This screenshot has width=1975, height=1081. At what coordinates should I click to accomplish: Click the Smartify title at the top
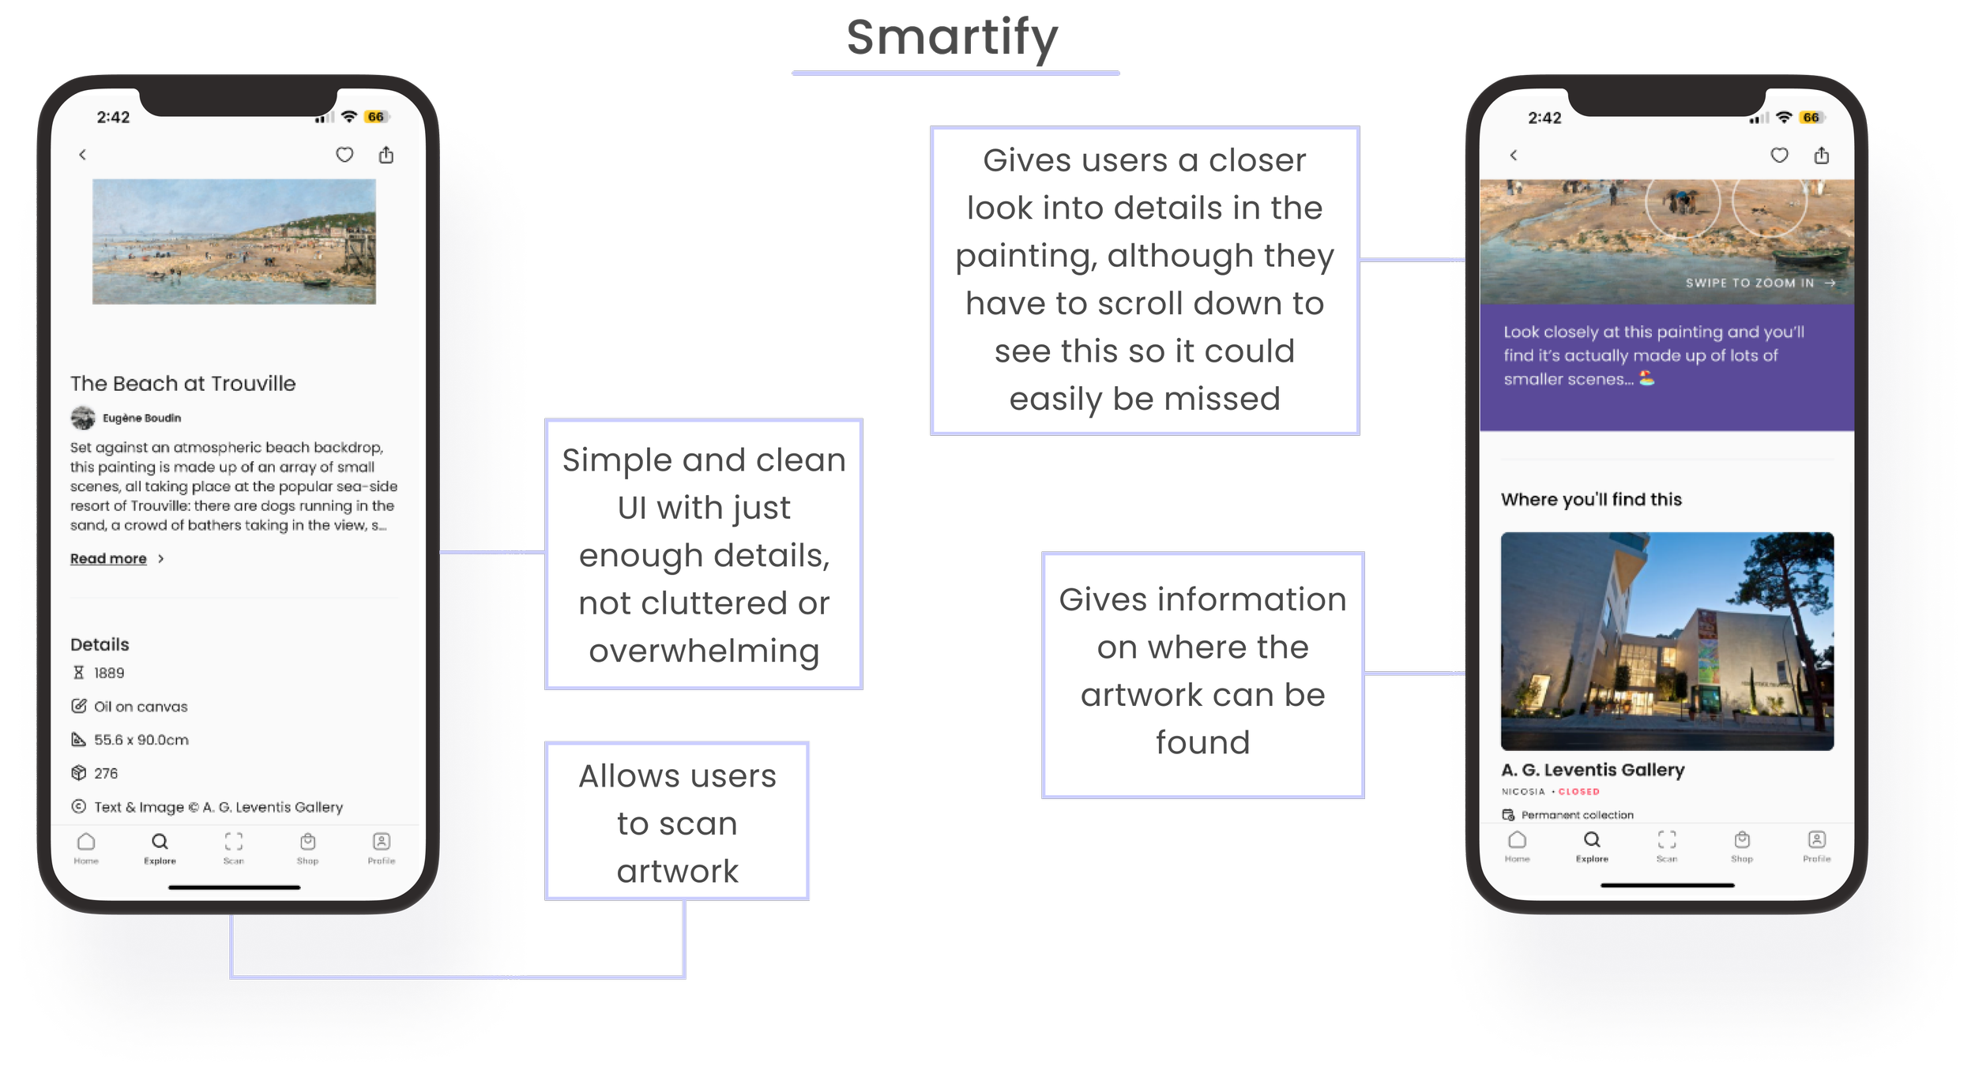(952, 38)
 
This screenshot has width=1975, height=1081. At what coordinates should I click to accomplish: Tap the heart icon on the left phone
(344, 155)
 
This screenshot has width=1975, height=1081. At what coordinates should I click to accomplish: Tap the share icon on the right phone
(1821, 156)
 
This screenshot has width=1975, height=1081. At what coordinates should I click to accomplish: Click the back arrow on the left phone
(82, 155)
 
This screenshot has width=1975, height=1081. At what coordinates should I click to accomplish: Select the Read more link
(109, 559)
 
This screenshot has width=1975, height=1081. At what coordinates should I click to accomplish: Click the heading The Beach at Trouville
(182, 384)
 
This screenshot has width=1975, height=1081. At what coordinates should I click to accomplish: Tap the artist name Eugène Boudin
(141, 418)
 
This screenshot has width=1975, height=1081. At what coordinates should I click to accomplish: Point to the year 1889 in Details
(109, 673)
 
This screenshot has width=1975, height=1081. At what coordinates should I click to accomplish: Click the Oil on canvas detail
(141, 707)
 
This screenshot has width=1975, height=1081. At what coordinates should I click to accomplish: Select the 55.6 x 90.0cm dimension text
(141, 740)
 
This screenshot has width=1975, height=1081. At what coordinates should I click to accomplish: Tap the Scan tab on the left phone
(233, 847)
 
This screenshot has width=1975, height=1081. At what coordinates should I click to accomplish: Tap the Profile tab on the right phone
(1816, 846)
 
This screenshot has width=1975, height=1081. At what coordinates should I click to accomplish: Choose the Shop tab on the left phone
(307, 847)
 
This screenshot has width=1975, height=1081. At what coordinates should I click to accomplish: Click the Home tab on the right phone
(1517, 846)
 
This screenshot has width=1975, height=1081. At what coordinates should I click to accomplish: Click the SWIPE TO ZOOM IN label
(1749, 283)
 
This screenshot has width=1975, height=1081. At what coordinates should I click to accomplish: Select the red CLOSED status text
(1578, 791)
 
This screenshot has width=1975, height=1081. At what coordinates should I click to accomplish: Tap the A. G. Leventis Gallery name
(1592, 769)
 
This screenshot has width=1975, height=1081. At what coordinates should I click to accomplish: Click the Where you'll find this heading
(1591, 499)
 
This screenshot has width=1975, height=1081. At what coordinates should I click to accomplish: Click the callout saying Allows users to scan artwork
(677, 822)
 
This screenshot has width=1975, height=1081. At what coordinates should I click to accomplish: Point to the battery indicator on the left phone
(375, 117)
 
